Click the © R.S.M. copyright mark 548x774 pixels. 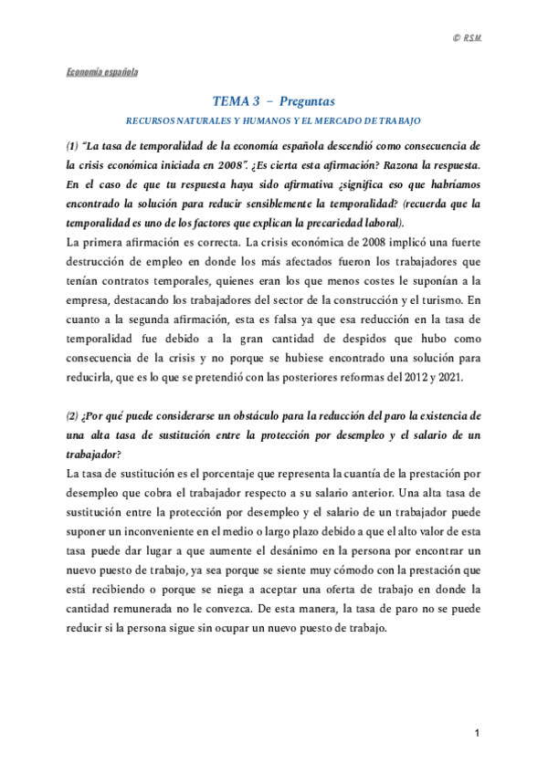(x=466, y=37)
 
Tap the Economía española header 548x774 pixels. (x=100, y=71)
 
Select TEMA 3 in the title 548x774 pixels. (x=233, y=100)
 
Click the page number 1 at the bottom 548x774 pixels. (x=477, y=734)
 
